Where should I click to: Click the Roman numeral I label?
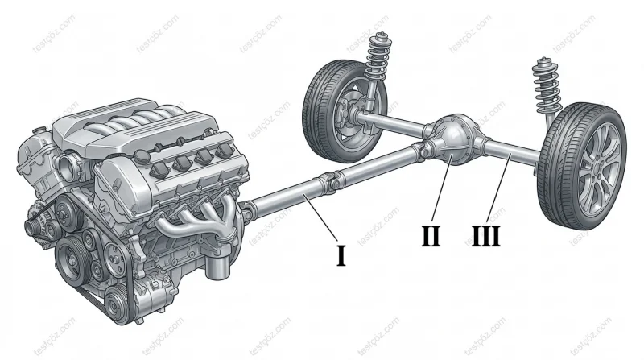(x=341, y=255)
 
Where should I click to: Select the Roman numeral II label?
(x=431, y=236)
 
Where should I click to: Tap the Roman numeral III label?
(x=486, y=236)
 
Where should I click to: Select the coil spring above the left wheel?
(x=377, y=58)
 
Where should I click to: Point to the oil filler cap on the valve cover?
(x=142, y=158)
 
